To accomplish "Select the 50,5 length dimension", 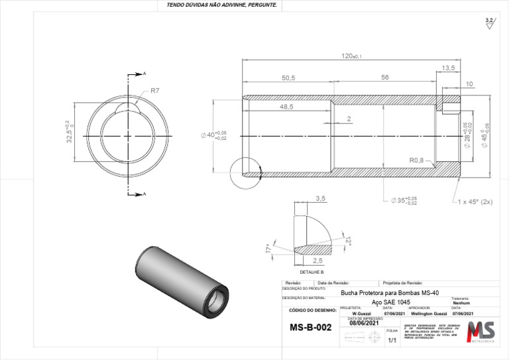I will click(x=288, y=78).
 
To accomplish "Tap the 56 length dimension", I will click(x=384, y=78).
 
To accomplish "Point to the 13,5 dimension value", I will click(x=448, y=68).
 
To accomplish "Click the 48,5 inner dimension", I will click(x=286, y=107).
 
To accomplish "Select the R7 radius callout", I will click(x=155, y=90).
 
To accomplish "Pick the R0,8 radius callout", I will click(x=417, y=160).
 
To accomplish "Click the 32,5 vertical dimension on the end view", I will click(x=68, y=132).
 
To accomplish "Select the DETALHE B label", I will click(x=311, y=272).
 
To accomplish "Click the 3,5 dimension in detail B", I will click(x=321, y=198).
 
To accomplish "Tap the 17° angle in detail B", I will click(x=268, y=249).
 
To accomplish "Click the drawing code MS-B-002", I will click(x=310, y=328).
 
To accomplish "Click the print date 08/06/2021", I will click(x=365, y=324).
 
